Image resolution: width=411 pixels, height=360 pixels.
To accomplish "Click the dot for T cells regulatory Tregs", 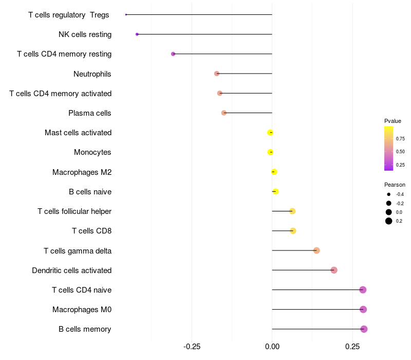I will tap(126, 14).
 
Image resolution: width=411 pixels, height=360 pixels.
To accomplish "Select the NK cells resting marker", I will tap(137, 34).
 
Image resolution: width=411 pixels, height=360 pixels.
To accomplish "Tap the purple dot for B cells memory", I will tap(364, 329).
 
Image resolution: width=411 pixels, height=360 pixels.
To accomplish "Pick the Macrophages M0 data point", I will tap(363, 310).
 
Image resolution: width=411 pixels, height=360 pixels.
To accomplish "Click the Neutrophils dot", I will tap(217, 74).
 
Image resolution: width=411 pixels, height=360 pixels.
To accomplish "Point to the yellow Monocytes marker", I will tap(271, 152).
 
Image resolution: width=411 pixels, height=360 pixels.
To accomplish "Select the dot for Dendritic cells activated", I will tap(334, 270).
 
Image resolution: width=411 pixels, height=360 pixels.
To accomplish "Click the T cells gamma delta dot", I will tap(316, 250).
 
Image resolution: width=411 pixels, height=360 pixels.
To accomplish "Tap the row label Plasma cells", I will tap(90, 113).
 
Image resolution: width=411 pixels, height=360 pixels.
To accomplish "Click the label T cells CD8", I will tap(91, 231).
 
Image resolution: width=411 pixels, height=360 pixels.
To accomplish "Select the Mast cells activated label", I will tap(78, 133).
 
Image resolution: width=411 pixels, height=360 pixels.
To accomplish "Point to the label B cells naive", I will tap(90, 192).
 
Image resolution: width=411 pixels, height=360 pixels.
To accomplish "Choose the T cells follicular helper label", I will tap(74, 211).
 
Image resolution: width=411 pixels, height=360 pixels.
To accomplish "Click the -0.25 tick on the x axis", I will tap(192, 347).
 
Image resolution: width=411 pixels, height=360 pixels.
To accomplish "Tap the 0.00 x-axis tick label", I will tap(272, 347).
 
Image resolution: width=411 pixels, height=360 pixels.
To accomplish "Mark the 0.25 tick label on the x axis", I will tap(352, 347).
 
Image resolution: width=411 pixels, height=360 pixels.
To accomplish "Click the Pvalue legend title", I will tap(393, 121).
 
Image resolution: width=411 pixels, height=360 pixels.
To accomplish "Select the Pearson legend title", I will tap(395, 185).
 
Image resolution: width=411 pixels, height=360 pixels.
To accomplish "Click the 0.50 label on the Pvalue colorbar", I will tap(400, 152).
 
